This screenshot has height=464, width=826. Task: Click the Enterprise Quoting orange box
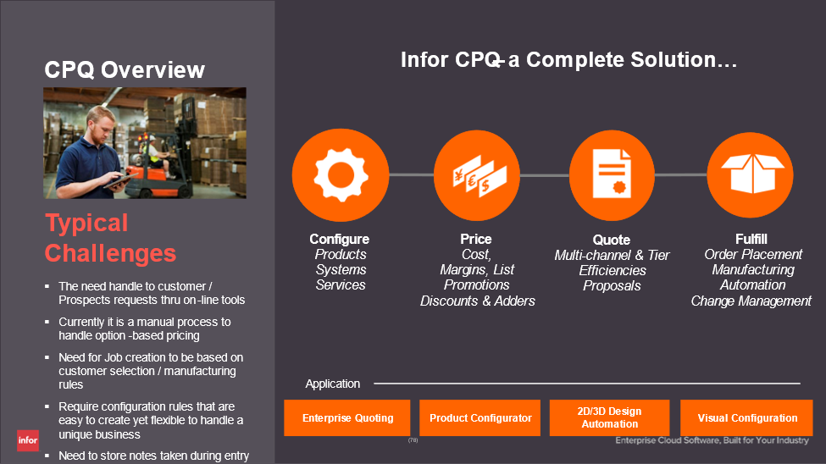(347, 417)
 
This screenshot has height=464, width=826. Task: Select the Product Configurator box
(480, 417)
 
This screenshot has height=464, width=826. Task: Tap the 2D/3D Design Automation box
(610, 417)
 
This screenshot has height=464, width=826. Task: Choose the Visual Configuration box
(746, 417)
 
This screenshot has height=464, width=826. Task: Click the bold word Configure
(339, 239)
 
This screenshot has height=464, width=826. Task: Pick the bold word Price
(476, 239)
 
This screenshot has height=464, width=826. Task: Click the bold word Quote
(612, 240)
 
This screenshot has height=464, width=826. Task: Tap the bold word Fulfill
(751, 239)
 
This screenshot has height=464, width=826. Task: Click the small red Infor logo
(28, 441)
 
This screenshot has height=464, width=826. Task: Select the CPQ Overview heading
(125, 69)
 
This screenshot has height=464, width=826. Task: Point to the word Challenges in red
(110, 253)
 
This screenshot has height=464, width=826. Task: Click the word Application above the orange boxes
(333, 384)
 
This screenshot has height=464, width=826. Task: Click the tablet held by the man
(121, 180)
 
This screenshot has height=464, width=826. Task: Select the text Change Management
(751, 301)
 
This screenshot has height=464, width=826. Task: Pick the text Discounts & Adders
(478, 301)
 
